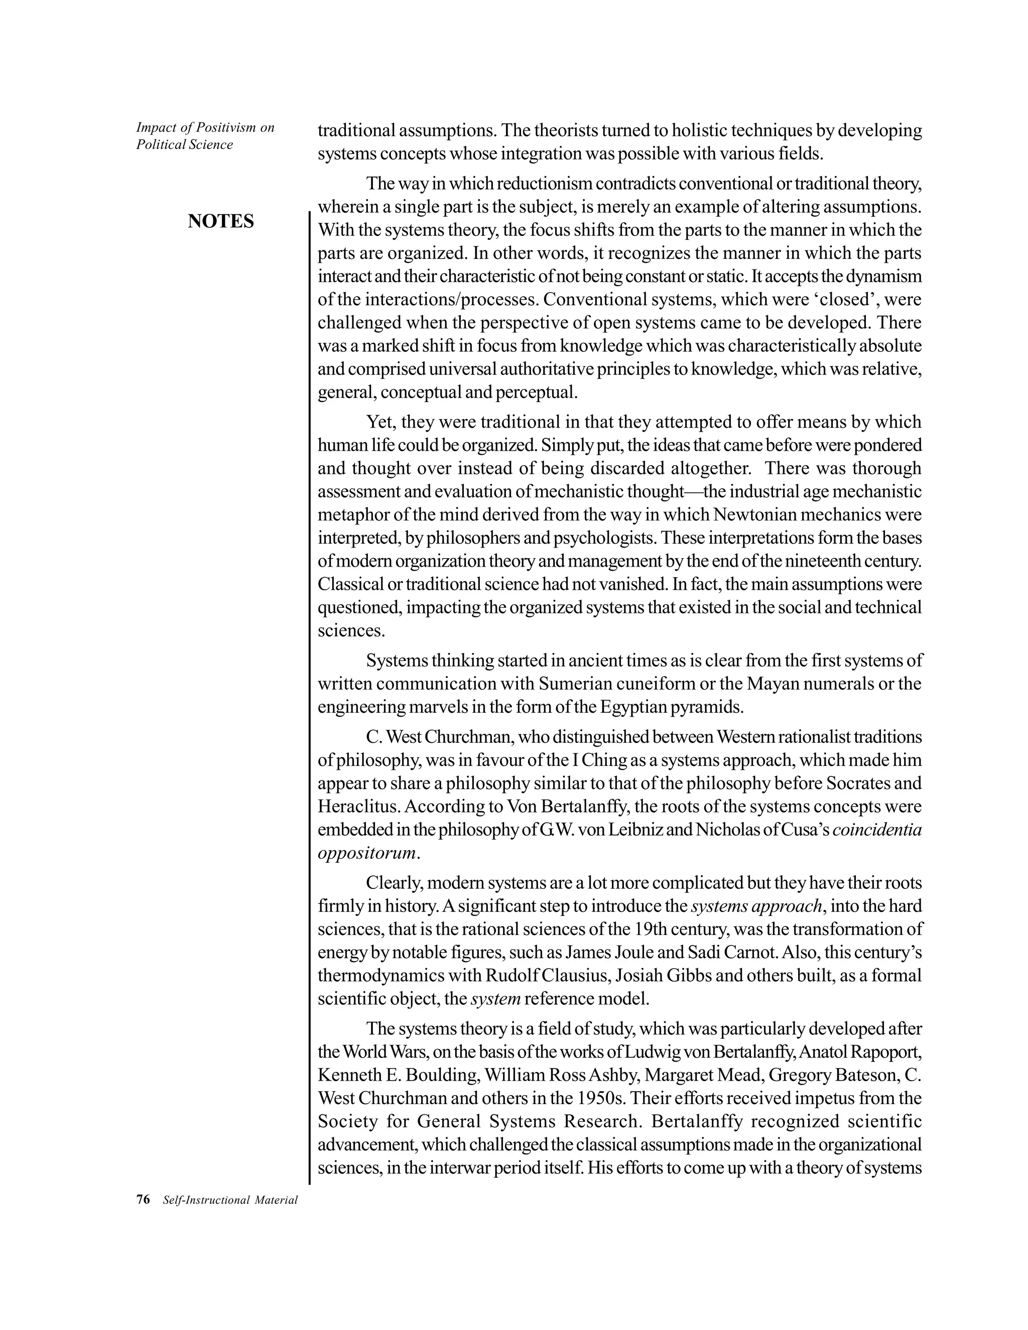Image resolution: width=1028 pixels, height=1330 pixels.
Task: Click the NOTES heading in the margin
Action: click(220, 221)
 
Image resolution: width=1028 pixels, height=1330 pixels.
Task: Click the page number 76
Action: click(143, 1200)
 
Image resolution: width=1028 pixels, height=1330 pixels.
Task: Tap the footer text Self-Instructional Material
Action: click(230, 1201)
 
